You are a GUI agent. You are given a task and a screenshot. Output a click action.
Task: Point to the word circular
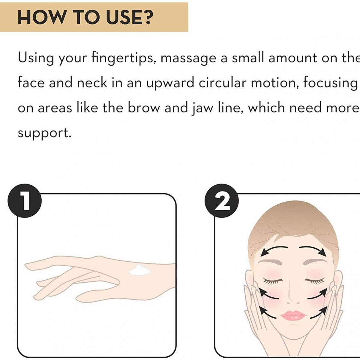pos(222,83)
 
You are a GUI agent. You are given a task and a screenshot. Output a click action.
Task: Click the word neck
pos(92,82)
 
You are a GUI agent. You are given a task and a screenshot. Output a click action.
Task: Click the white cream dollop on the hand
pos(140,271)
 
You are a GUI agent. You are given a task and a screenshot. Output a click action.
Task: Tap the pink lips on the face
pos(293,316)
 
